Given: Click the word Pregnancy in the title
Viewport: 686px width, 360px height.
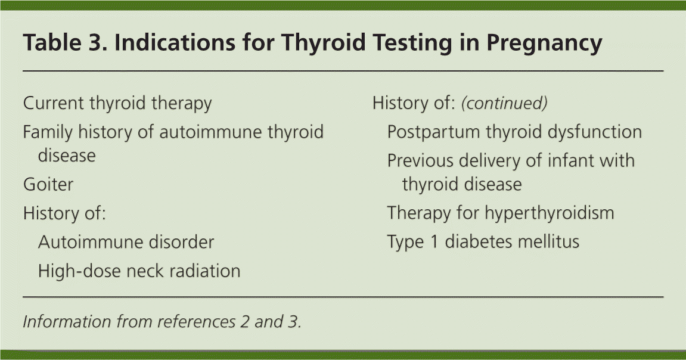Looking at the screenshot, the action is pos(544,42).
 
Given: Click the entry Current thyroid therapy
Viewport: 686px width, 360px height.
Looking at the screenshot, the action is pos(117,103).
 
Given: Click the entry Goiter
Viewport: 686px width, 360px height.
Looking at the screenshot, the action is pos(48,184).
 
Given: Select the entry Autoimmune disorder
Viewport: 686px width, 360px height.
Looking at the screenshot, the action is pos(126,242).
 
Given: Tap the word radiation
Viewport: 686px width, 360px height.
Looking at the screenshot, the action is pos(205,271).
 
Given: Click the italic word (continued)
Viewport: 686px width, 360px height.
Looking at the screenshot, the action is pos(504,103).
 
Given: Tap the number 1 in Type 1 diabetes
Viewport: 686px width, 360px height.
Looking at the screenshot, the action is pos(434,242).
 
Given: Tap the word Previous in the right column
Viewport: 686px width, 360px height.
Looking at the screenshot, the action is pos(420,160).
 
